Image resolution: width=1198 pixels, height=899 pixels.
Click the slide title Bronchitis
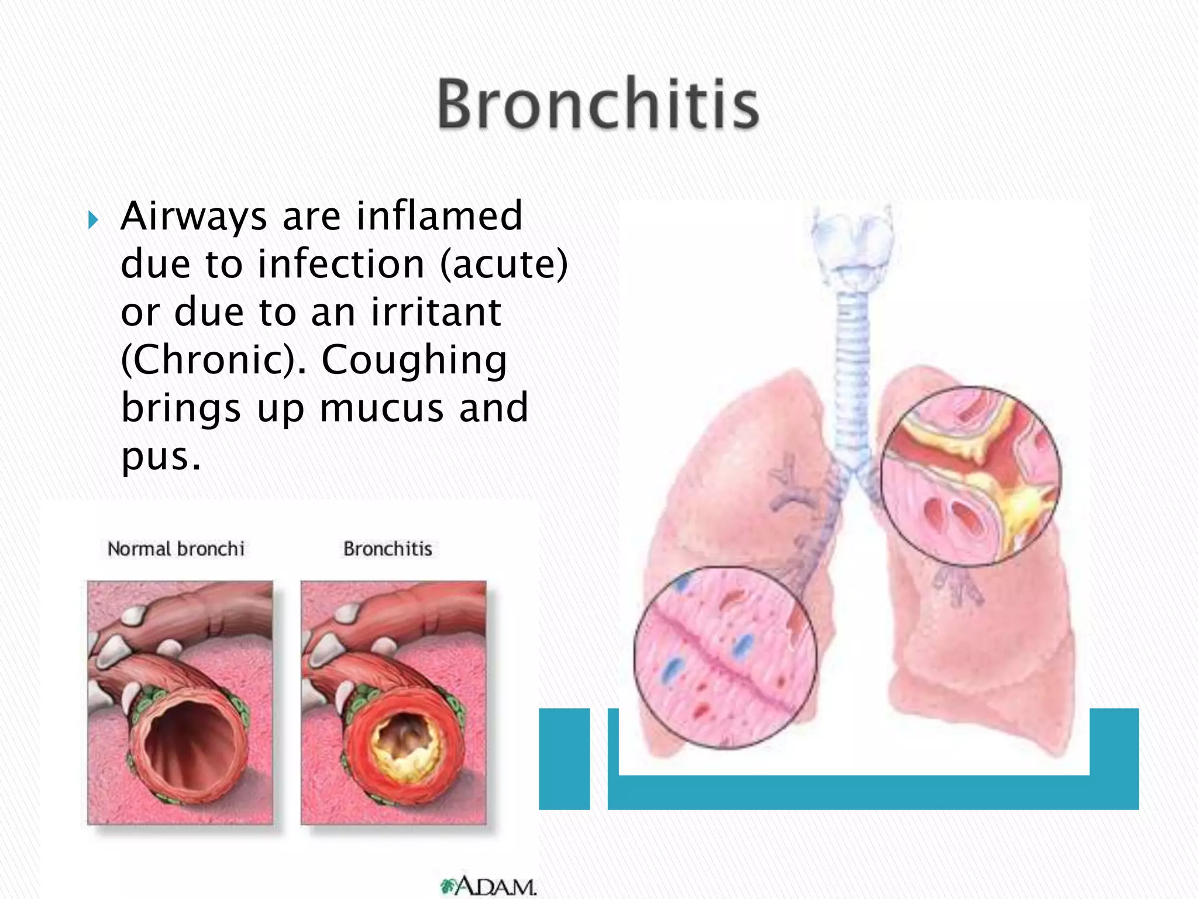[x=598, y=104]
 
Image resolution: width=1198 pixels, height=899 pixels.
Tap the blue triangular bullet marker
[x=93, y=220]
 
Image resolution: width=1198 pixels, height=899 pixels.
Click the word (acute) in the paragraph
[x=504, y=264]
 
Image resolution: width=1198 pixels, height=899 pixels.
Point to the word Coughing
[x=414, y=360]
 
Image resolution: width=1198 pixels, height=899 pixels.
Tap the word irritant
[x=436, y=312]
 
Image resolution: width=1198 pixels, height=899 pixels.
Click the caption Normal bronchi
[x=175, y=549]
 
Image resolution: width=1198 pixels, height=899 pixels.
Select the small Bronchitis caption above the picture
[x=387, y=549]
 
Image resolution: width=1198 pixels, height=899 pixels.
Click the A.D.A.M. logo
[x=488, y=886]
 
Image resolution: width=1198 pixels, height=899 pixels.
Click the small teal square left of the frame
[x=564, y=759]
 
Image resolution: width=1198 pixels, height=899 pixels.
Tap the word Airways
[x=194, y=216]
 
